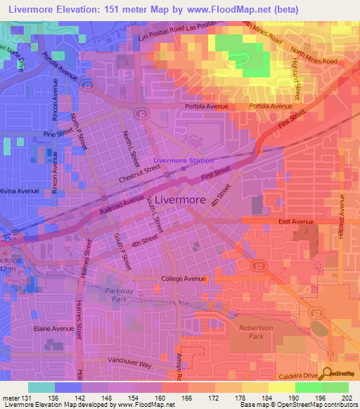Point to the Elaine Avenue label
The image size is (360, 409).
tap(53, 328)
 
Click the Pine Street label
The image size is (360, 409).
tap(58, 133)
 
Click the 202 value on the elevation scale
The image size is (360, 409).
tap(345, 398)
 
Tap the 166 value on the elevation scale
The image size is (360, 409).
tap(186, 398)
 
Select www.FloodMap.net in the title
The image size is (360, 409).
tap(233, 10)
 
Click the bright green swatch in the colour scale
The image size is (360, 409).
tap(308, 387)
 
